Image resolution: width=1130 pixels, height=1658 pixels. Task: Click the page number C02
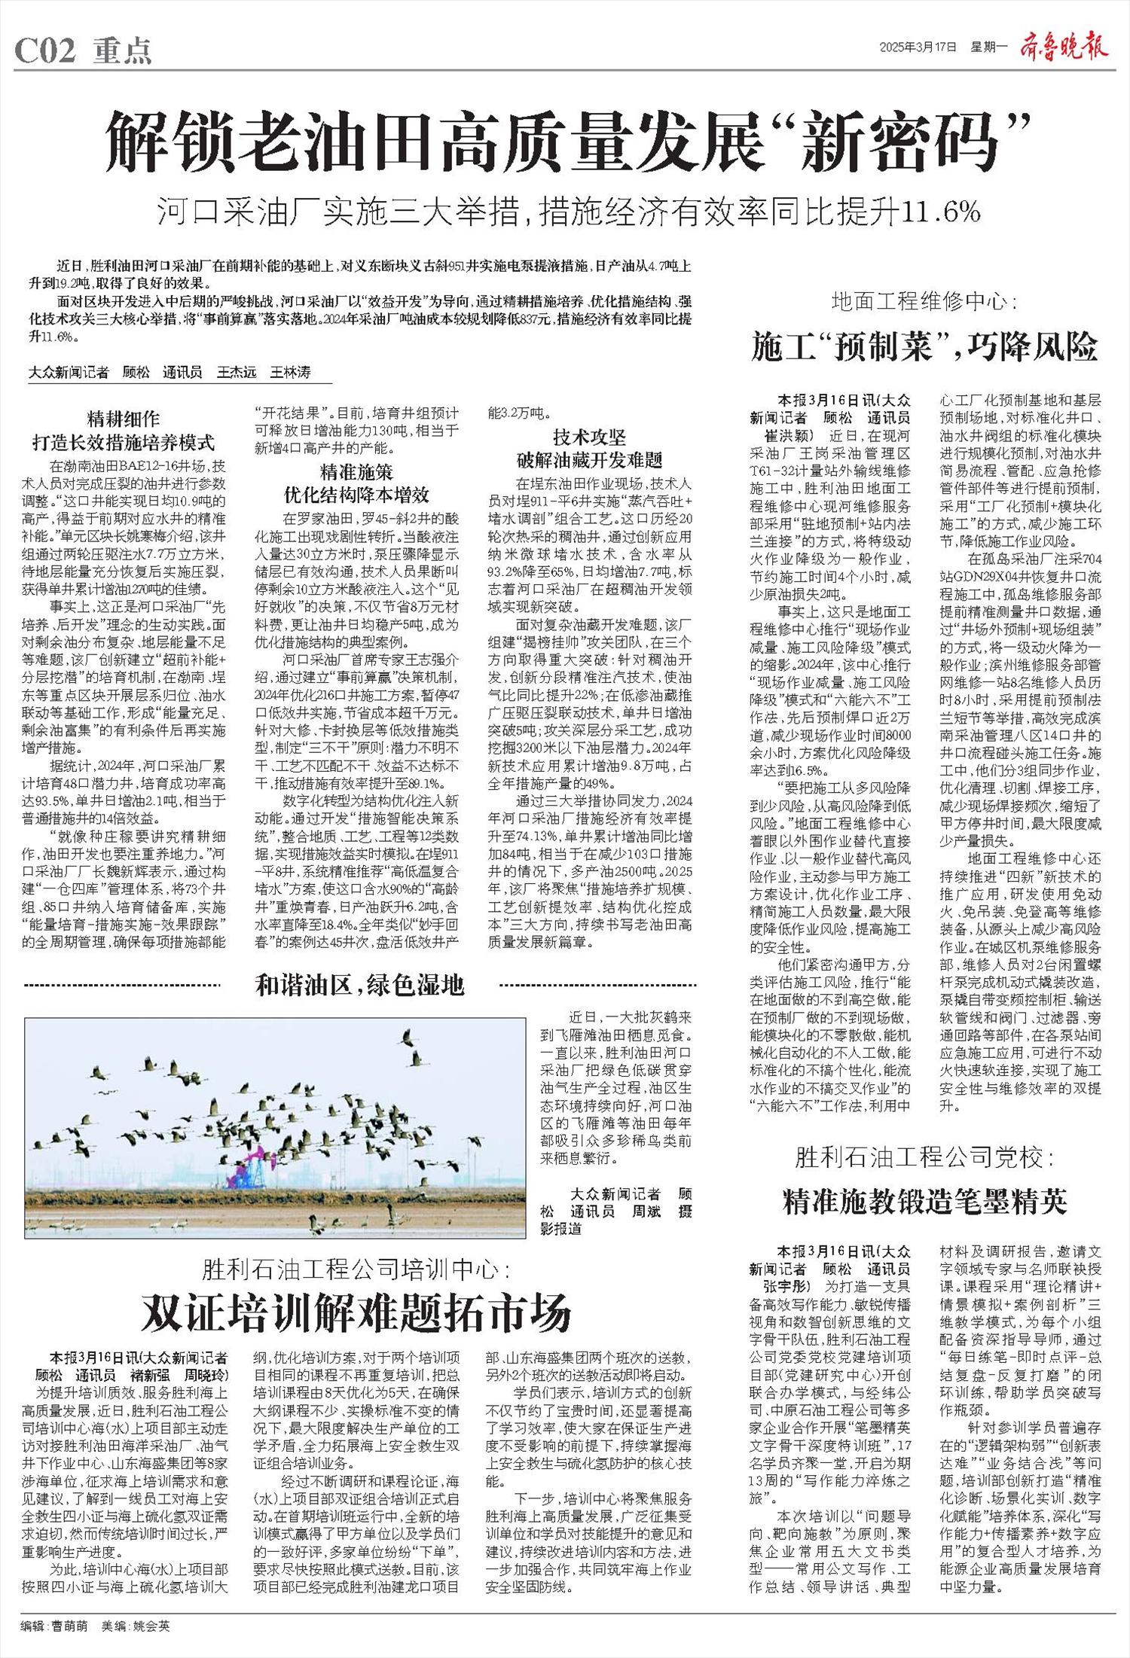45,51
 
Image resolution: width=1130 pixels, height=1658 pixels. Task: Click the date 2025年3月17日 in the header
918,47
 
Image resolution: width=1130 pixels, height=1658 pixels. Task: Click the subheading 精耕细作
124,419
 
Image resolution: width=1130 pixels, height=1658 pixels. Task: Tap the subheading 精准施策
356,472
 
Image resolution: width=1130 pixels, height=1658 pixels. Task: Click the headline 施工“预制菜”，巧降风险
924,348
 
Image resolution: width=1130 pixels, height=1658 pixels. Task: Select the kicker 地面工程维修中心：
924,303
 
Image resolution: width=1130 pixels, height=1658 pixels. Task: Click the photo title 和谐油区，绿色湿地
360,984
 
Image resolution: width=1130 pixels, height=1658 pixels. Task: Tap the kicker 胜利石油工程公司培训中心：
356,1270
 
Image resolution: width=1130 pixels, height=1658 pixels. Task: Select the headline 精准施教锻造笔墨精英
924,1202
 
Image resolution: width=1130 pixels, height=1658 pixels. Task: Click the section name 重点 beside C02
122,51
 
